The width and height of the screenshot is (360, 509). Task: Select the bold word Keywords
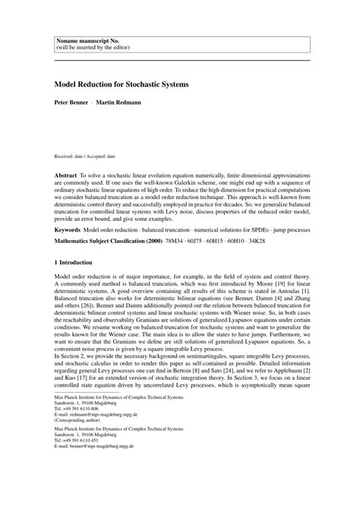(x=70, y=229)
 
